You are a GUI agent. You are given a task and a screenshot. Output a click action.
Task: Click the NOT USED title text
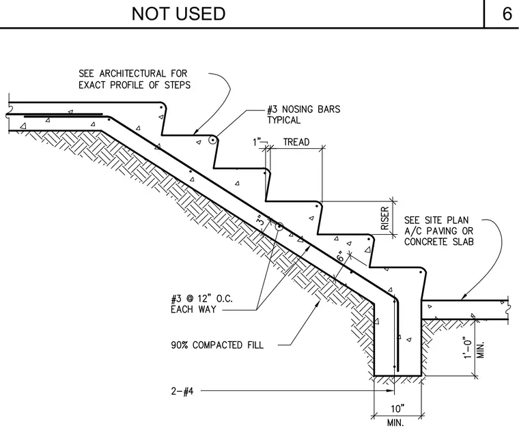point(178,14)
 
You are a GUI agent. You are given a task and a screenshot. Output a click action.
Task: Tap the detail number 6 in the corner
point(507,14)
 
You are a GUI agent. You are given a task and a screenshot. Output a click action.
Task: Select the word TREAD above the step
point(296,142)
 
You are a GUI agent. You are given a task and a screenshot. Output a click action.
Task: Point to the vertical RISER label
point(384,218)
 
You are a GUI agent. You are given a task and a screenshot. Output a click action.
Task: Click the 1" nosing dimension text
point(257,142)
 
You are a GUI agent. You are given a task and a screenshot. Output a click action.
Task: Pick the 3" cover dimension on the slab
point(261,220)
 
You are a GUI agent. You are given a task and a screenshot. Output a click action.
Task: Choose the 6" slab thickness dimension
point(341,257)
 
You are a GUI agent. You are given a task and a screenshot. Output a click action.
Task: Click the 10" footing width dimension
point(397,409)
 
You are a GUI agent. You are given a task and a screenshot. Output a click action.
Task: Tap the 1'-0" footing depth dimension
point(467,347)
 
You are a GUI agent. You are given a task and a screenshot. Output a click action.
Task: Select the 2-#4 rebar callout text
point(182,392)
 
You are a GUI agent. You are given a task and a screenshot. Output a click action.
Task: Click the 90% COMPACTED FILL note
point(217,345)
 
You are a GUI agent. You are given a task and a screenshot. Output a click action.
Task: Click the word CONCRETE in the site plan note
point(425,242)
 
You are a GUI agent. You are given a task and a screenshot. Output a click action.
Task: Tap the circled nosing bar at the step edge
point(212,141)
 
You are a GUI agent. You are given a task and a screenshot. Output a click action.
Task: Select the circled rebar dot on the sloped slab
point(279,227)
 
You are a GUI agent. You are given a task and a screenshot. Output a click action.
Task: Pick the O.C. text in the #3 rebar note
point(225,299)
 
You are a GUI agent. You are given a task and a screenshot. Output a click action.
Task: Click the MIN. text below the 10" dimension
point(395,422)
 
